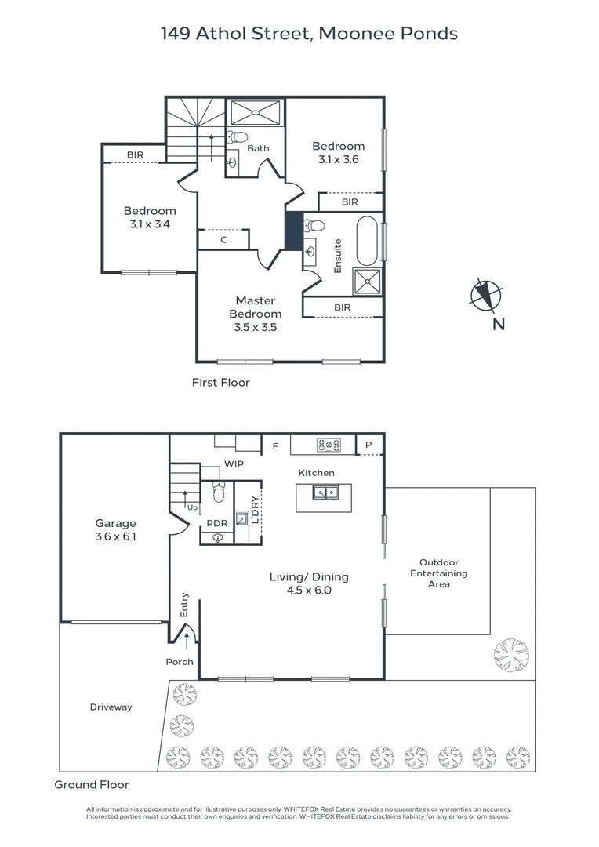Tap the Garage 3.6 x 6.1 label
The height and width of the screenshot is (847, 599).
pyautogui.click(x=115, y=530)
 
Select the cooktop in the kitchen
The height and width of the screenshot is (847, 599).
pyautogui.click(x=329, y=445)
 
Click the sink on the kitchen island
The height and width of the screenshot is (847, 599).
pyautogui.click(x=325, y=493)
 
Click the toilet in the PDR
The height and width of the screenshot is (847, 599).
pyautogui.click(x=219, y=492)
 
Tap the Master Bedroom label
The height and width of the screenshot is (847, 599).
pyautogui.click(x=256, y=307)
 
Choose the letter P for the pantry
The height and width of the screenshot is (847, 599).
pyautogui.click(x=369, y=445)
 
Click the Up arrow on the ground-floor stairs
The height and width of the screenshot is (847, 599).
pyautogui.click(x=185, y=499)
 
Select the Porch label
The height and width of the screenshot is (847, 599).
pyautogui.click(x=180, y=662)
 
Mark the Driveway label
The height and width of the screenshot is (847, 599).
pyautogui.click(x=111, y=707)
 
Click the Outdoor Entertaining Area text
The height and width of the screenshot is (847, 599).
pyautogui.click(x=438, y=573)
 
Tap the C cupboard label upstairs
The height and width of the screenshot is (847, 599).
pyautogui.click(x=223, y=240)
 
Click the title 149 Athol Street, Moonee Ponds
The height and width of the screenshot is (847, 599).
pyautogui.click(x=310, y=34)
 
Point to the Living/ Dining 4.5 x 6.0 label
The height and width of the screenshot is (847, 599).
pyautogui.click(x=309, y=583)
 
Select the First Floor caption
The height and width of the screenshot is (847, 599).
pyautogui.click(x=221, y=383)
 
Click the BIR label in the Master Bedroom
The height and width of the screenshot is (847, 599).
pyautogui.click(x=342, y=307)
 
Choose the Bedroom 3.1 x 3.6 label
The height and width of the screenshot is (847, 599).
pyautogui.click(x=338, y=152)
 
